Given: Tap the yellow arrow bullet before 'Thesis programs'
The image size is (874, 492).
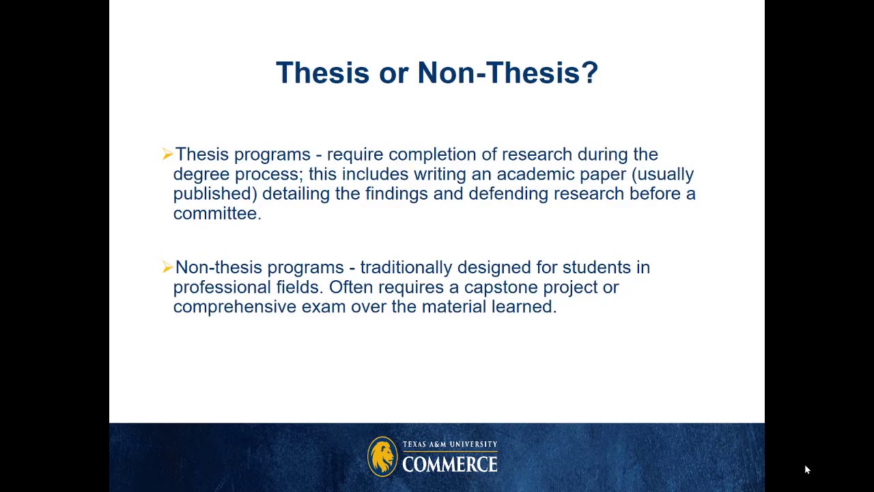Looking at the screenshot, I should coord(167,154).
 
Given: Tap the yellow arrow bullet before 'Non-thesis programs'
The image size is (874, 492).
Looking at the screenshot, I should coord(167,267).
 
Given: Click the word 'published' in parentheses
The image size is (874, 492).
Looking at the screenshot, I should coord(215,194).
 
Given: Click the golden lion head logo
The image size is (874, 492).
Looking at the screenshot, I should coord(382,456).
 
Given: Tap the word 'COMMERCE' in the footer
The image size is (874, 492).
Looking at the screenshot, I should coord(449,465).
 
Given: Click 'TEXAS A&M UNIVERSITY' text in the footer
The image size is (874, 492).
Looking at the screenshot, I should coord(449,445).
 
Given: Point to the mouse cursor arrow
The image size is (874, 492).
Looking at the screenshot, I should coord(806,469).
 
